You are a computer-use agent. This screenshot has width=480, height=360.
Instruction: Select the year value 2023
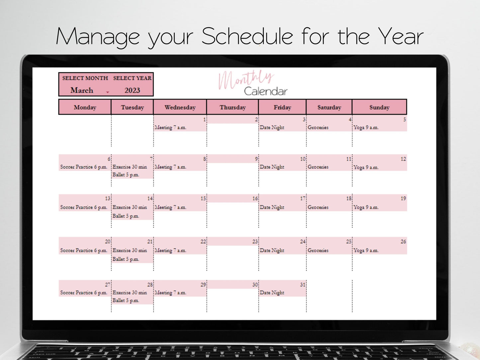coord(132,90)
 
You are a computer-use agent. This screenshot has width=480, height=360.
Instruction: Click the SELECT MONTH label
coord(85,78)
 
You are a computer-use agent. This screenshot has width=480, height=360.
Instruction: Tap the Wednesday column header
coord(180,107)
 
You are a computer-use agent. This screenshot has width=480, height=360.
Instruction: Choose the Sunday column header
coord(379,107)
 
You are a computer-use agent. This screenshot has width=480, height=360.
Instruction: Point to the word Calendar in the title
coord(266,91)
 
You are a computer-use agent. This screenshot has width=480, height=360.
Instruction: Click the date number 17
coord(303,199)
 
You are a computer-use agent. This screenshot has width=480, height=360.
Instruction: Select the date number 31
coord(303,285)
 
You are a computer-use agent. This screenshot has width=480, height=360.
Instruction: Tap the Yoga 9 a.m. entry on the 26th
coord(366,250)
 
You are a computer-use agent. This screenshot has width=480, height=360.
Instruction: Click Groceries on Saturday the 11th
coord(318,167)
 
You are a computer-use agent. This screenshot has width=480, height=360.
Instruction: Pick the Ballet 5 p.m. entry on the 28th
coord(126,300)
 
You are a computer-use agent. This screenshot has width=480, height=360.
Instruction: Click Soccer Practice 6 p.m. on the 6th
coord(84,167)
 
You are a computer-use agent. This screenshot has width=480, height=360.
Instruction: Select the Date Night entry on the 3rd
coord(272,127)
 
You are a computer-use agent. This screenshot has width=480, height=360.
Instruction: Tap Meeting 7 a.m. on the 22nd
coord(170,250)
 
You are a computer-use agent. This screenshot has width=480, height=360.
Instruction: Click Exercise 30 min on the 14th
coord(130,207)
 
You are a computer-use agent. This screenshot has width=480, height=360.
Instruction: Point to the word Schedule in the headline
coord(247,36)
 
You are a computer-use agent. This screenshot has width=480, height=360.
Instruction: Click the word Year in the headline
coord(401,36)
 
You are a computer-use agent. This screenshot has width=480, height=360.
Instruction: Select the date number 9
coord(256,159)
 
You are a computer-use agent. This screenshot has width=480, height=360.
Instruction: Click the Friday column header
coord(282,107)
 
